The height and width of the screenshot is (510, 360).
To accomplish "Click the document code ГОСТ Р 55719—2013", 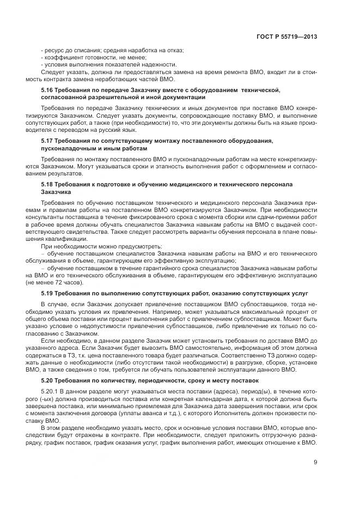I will (286, 36).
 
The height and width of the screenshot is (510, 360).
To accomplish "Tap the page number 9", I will (315, 463).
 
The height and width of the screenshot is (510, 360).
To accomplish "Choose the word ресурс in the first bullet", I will (54, 50).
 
